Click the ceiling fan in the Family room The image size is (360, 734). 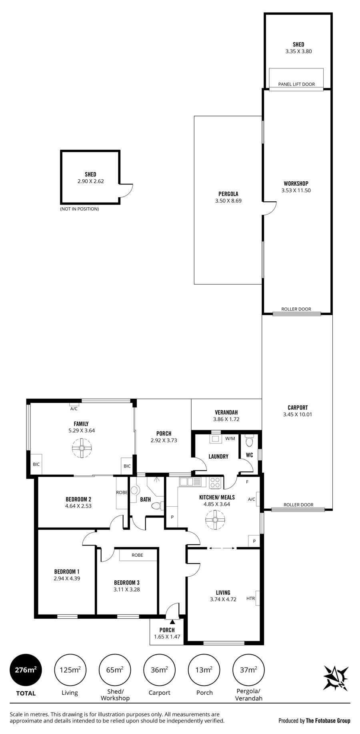click(81, 448)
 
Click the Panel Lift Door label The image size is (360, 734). click(296, 84)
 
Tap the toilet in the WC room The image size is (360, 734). click(250, 442)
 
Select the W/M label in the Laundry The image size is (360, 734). click(230, 439)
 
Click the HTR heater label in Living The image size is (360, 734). click(250, 599)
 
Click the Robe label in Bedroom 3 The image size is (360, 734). click(137, 555)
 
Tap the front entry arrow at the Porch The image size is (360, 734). click(172, 622)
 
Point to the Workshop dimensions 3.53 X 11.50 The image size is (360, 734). click(296, 191)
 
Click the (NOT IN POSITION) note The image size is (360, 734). click(79, 209)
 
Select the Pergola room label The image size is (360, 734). click(228, 194)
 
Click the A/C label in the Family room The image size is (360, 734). click(74, 409)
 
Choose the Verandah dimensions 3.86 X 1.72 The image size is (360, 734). click(226, 419)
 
